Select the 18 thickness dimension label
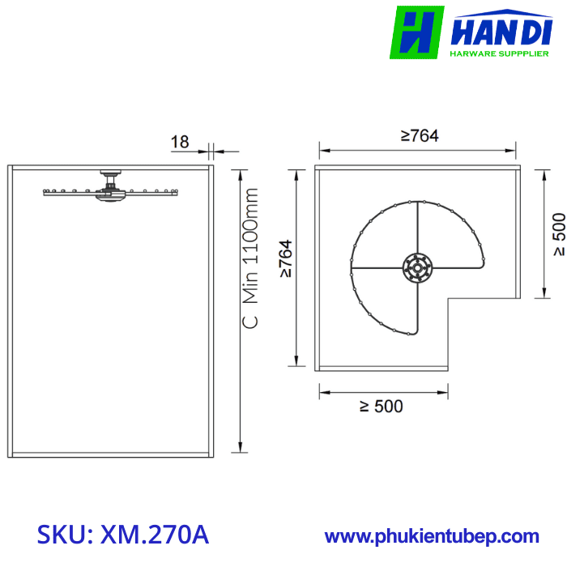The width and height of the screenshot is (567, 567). click(179, 142)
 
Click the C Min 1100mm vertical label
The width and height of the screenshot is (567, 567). click(251, 258)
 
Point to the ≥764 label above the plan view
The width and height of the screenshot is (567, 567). click(419, 136)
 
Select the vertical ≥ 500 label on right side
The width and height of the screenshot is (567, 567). click(558, 235)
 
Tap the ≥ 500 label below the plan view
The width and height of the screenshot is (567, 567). click(381, 407)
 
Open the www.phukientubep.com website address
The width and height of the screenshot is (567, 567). click(432, 535)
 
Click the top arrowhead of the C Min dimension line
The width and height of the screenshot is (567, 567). click(239, 171)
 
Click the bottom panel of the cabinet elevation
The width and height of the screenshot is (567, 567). click(110, 454)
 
